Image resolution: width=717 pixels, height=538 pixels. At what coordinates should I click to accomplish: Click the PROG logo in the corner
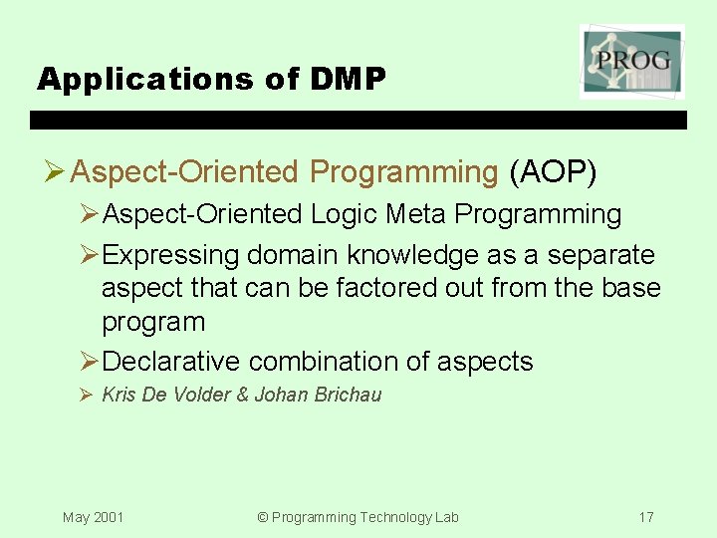(632, 62)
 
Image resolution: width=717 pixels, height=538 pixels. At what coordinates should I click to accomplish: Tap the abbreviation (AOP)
(553, 172)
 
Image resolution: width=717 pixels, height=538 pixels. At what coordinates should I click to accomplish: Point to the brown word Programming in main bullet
(403, 172)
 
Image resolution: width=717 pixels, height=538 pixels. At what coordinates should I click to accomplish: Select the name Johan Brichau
(318, 395)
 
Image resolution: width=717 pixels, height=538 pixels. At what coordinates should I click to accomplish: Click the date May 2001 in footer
(93, 517)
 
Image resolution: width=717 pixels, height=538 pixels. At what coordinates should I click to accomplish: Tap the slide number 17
(646, 517)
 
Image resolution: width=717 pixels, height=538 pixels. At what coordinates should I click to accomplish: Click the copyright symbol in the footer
(263, 517)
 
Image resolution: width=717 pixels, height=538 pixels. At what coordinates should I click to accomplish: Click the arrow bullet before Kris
(86, 395)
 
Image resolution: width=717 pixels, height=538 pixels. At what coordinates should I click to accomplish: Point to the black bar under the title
(358, 121)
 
